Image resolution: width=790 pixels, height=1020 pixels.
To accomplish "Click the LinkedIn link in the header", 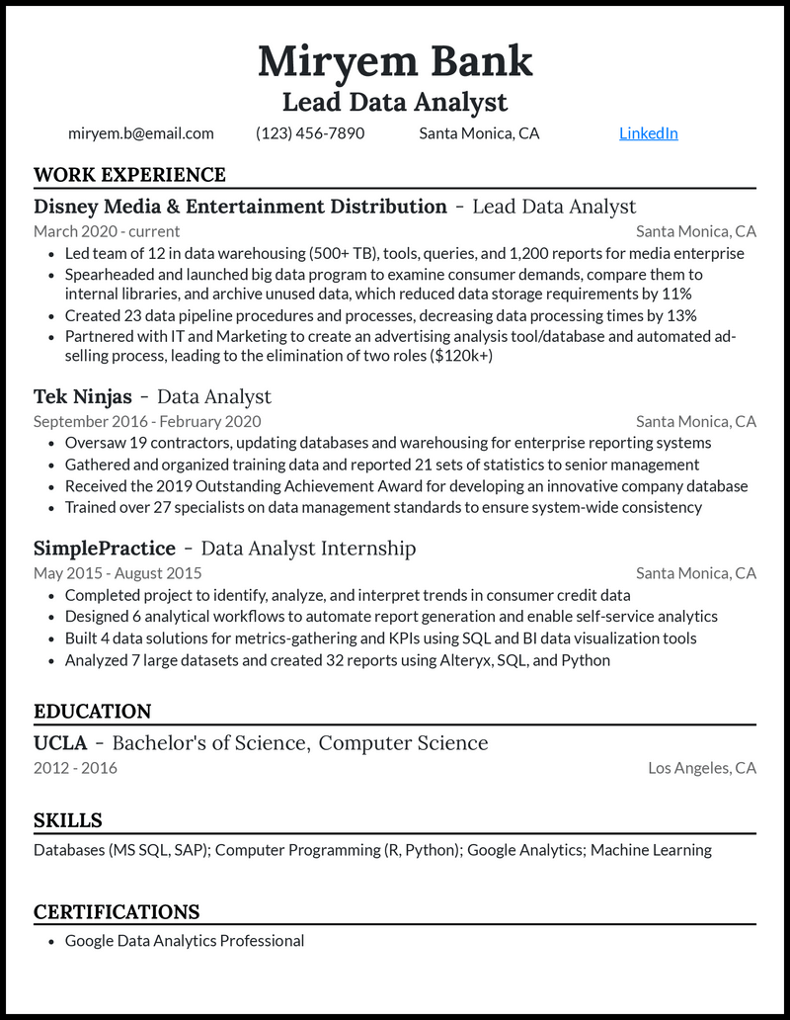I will pyautogui.click(x=648, y=133).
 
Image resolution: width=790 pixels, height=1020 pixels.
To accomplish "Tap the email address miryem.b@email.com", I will pyautogui.click(x=141, y=133).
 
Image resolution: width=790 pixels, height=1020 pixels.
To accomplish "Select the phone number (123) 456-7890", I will pyautogui.click(x=310, y=133).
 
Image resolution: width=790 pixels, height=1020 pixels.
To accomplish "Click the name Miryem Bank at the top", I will pyautogui.click(x=395, y=61).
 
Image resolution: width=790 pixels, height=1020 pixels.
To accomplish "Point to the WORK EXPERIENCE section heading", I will pyautogui.click(x=129, y=175).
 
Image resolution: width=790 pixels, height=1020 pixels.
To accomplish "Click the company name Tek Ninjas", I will pyautogui.click(x=83, y=397).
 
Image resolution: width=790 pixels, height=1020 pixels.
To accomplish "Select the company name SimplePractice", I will pyautogui.click(x=105, y=549).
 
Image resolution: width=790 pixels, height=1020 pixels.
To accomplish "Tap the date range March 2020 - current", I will pyautogui.click(x=107, y=232).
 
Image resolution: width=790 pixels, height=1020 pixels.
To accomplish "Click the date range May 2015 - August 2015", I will pyautogui.click(x=118, y=573).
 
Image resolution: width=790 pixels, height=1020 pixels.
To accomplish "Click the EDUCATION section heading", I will pyautogui.click(x=93, y=712).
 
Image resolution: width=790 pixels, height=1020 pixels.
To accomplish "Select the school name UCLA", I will pyautogui.click(x=60, y=743).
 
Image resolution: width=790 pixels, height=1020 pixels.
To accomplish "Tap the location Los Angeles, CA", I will pyautogui.click(x=702, y=768).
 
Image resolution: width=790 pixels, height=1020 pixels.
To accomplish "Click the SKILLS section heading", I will pyautogui.click(x=68, y=820).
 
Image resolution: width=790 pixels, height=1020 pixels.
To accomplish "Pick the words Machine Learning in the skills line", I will pyautogui.click(x=651, y=850).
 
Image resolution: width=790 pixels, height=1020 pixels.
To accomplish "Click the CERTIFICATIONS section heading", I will pyautogui.click(x=117, y=911).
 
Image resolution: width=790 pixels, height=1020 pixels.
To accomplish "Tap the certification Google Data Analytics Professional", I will pyautogui.click(x=185, y=941).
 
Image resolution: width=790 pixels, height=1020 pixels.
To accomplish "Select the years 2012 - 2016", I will pyautogui.click(x=75, y=768).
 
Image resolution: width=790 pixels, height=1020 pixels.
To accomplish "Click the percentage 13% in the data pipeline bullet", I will pyautogui.click(x=680, y=316).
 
